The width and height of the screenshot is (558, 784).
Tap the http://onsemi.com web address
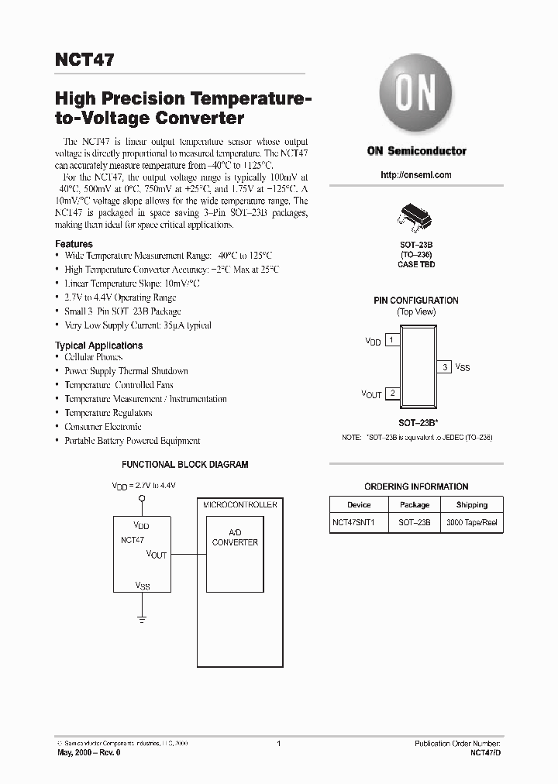[416, 175]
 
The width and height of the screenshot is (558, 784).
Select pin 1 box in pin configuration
[392, 340]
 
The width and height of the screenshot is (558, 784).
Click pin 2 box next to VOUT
[392, 394]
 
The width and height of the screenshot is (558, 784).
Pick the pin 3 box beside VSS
[445, 366]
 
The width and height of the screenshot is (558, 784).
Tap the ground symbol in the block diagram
[142, 618]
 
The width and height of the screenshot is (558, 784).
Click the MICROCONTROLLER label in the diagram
[239, 504]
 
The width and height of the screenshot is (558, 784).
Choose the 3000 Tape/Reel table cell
[471, 523]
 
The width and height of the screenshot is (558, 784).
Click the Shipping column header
[471, 504]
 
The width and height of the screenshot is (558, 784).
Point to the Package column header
[415, 504]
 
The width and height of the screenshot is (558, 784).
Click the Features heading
[74, 243]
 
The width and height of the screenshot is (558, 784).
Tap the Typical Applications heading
[98, 346]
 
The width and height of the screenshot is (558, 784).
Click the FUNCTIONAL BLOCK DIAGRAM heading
[184, 465]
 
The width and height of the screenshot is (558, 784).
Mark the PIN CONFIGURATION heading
[416, 301]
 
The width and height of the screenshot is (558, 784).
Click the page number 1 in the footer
[278, 743]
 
